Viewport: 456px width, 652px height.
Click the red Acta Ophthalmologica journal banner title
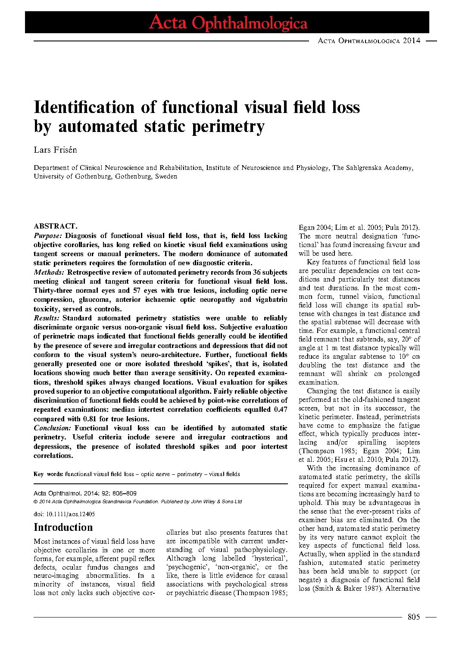pos(228,23)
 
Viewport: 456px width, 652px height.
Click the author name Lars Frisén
pos(55,150)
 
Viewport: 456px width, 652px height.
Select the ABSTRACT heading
pos(55,226)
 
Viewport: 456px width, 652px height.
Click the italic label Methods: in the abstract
pos(49,273)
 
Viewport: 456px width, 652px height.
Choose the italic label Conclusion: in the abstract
pos(52,428)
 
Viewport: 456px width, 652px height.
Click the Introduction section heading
pos(63,527)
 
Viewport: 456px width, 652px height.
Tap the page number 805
pos(413,617)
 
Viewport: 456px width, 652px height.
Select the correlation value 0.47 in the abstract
pos(281,410)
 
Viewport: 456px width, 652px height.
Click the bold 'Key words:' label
pos(48,474)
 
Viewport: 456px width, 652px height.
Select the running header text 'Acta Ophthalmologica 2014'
pos(369,41)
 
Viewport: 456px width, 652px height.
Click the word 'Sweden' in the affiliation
pos(166,176)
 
